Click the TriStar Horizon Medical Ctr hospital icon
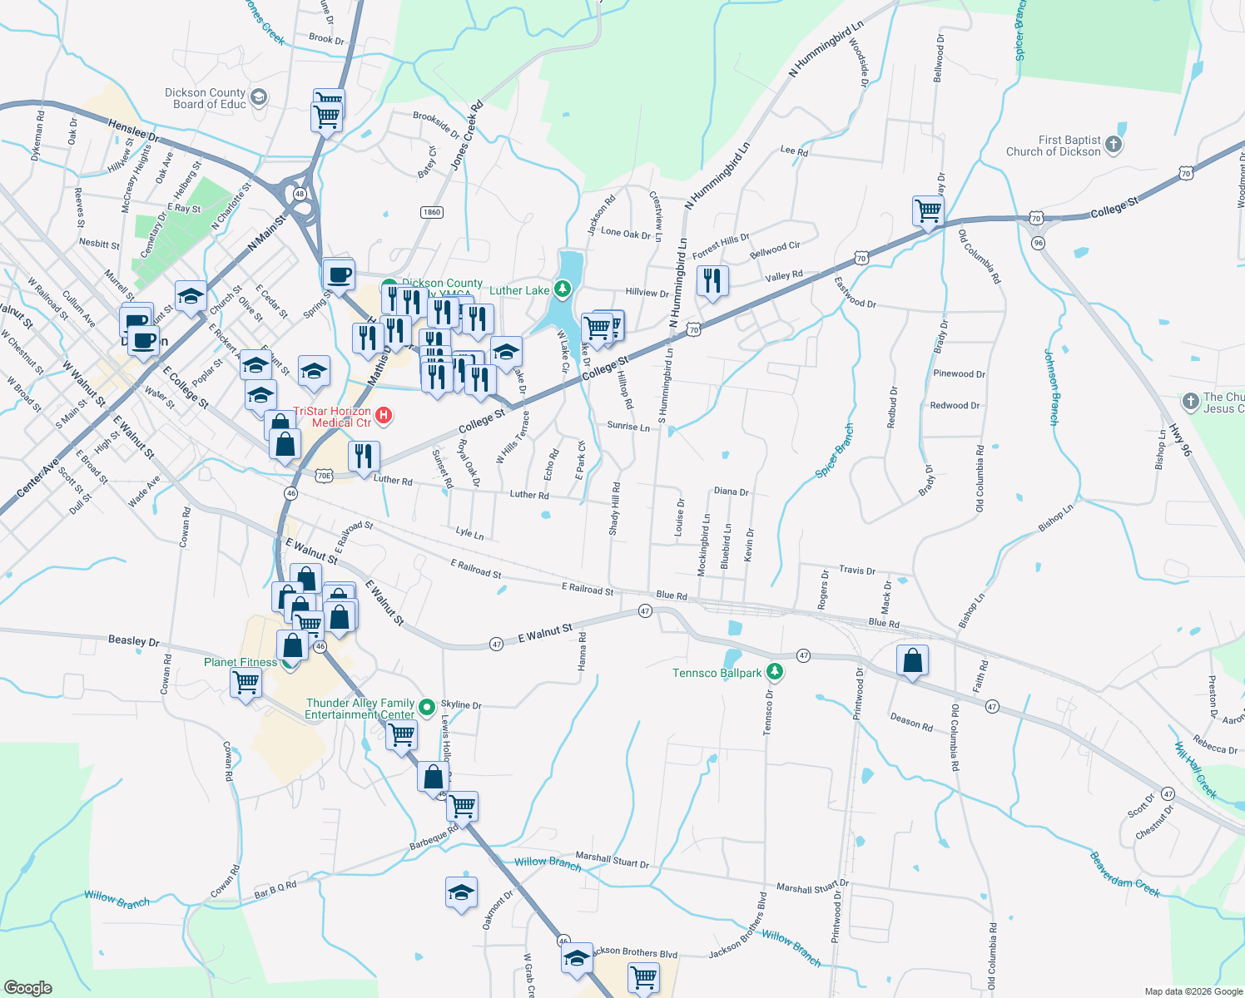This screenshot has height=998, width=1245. (x=384, y=414)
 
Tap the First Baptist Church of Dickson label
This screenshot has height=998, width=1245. (x=1053, y=146)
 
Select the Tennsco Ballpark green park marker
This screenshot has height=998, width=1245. (x=775, y=670)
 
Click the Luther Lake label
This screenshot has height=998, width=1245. (x=519, y=290)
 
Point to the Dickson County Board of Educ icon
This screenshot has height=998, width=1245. (x=258, y=98)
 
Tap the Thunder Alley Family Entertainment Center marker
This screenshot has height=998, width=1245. (x=427, y=707)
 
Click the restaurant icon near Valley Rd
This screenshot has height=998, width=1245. (x=712, y=280)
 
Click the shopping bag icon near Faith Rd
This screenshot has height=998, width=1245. (x=913, y=661)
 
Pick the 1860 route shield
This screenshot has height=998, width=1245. (x=431, y=212)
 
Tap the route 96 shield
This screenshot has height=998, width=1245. (x=1037, y=243)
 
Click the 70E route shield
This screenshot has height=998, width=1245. (x=324, y=476)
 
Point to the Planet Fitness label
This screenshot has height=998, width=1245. (x=241, y=663)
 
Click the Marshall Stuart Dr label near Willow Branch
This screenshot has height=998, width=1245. (x=612, y=860)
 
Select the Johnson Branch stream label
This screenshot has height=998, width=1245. (x=1052, y=387)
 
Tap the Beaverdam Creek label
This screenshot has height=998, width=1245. (x=1124, y=874)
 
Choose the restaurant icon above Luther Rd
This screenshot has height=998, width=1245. (x=363, y=457)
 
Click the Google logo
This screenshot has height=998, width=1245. (x=27, y=987)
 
